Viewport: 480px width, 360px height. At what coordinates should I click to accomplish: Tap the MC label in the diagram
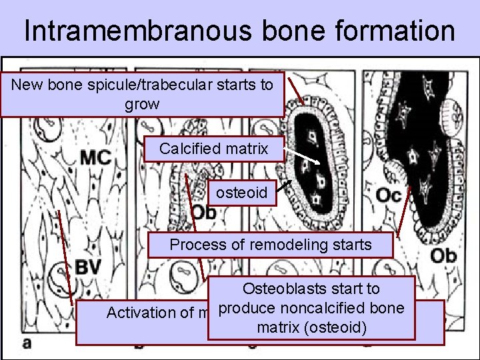point(95,158)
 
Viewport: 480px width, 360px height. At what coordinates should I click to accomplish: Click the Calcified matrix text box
point(213,149)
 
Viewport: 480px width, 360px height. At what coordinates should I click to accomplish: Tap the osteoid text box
point(241,194)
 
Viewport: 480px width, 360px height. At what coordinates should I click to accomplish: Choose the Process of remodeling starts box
point(271,245)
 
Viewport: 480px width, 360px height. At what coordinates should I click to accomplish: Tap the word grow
point(141,104)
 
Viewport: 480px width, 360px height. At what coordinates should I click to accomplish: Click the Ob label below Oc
point(443,256)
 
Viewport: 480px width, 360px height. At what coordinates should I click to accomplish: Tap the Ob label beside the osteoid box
point(204,211)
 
